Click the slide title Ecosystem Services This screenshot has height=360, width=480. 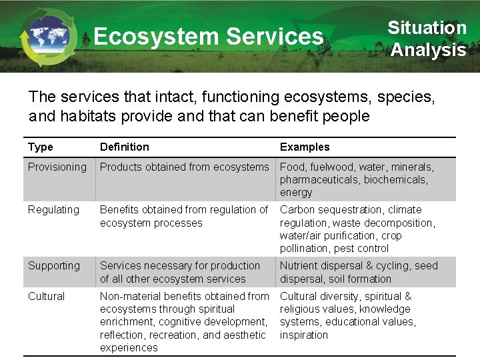point(208,36)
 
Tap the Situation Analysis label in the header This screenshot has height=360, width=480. point(427,39)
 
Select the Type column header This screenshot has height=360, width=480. point(41,147)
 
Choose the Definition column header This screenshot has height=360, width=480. point(125,147)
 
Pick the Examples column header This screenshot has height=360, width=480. point(305,147)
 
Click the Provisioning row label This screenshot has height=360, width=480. point(57,167)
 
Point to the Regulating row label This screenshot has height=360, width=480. point(53,209)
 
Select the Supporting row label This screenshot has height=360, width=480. point(54,265)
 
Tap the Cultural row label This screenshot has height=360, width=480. point(47,296)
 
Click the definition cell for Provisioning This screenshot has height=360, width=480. point(184,167)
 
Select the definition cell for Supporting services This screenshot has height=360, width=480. point(180,272)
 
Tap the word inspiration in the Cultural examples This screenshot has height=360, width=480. point(304,335)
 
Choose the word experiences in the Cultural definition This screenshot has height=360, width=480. point(129,347)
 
